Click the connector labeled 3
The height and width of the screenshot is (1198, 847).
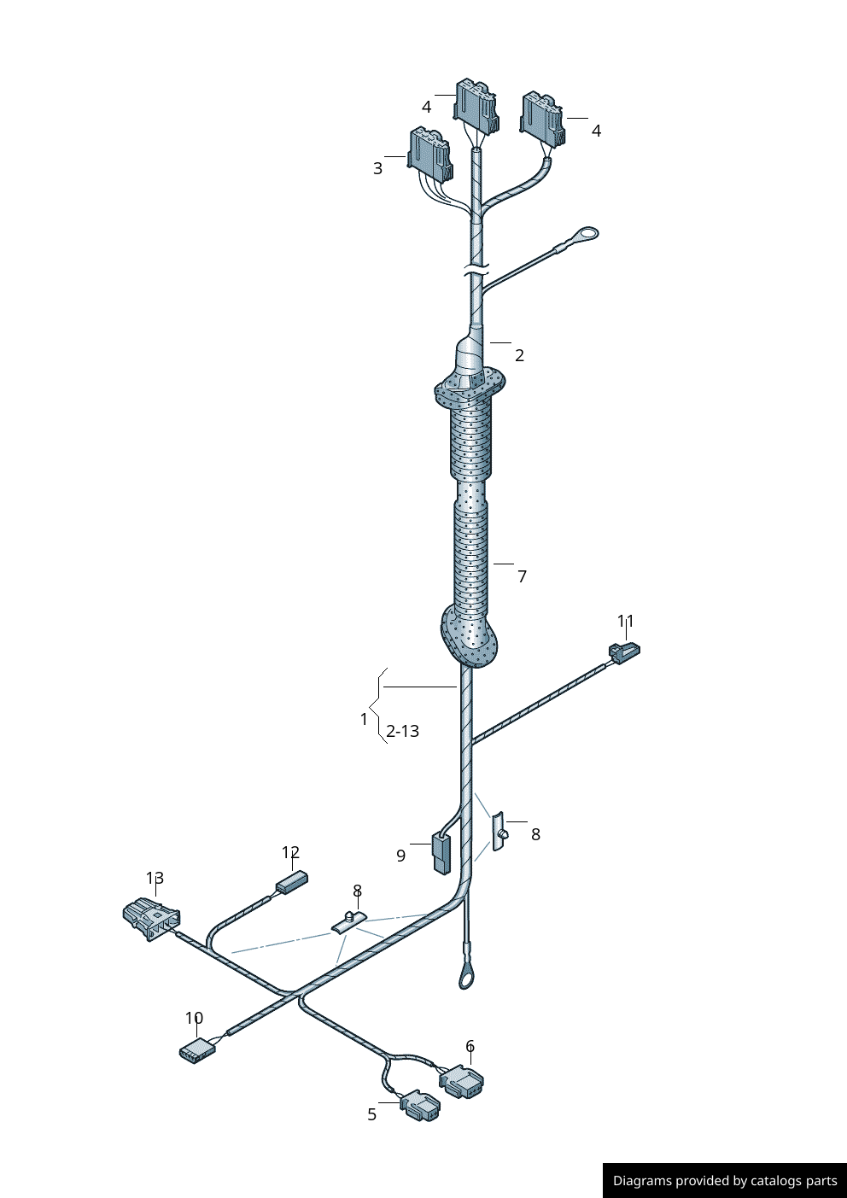tap(430, 155)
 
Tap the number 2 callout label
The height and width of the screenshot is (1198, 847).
tap(519, 355)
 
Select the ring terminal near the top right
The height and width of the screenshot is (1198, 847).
tap(587, 234)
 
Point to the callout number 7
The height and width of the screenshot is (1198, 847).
tap(522, 576)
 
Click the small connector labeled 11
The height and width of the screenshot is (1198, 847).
tap(624, 653)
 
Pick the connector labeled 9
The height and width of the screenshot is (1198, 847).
tap(441, 854)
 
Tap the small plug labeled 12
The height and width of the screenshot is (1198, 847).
tap(292, 881)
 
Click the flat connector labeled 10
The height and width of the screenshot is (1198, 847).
tap(196, 1050)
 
